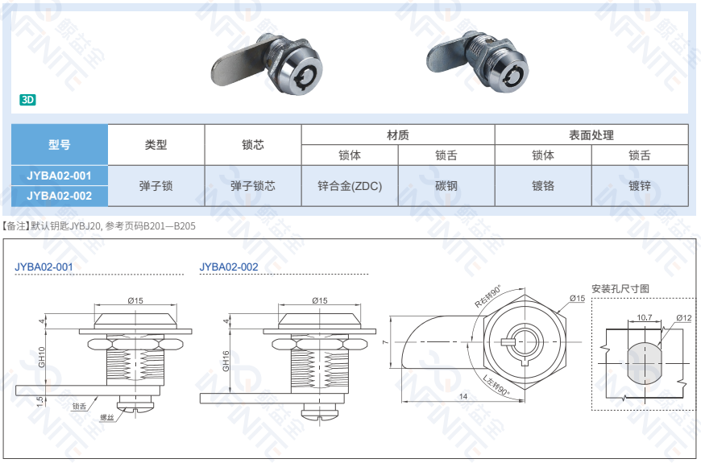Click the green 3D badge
point(27,101)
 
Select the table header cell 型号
point(59,145)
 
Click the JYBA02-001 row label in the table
point(59,176)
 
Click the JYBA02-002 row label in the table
point(59,196)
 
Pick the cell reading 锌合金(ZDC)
point(350,186)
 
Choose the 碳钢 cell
point(446,186)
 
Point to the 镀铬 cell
point(542,186)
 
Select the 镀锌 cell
point(640,186)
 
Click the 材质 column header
point(397,135)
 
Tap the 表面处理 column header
point(591,135)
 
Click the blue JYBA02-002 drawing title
point(229,267)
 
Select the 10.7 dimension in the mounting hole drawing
point(644,317)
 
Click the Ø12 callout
point(684,317)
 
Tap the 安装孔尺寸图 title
point(620,288)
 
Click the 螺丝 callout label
point(106,417)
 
